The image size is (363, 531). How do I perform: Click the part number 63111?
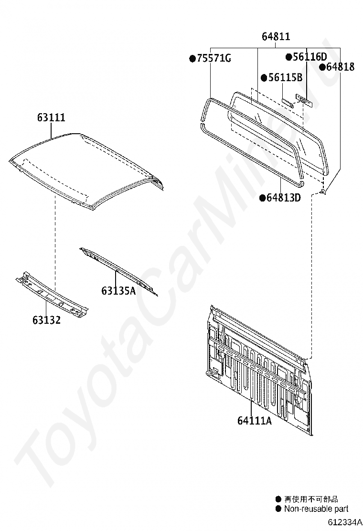point(51,118)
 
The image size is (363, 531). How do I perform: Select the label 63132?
point(46,319)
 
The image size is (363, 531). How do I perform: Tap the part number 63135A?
point(118,290)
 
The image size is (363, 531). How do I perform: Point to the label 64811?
point(276,36)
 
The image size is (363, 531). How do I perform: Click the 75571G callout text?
point(214,59)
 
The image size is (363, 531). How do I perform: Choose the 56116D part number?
point(310,57)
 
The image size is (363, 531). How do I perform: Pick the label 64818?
point(340,67)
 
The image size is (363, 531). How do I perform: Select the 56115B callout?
point(285,77)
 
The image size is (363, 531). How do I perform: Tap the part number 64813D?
point(283,197)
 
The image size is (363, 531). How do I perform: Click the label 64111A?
point(254,421)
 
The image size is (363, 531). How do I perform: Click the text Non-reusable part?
point(316,509)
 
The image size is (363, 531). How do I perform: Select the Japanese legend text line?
point(311,499)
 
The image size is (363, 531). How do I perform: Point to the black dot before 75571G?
point(192,59)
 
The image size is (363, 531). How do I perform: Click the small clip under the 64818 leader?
point(323,192)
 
